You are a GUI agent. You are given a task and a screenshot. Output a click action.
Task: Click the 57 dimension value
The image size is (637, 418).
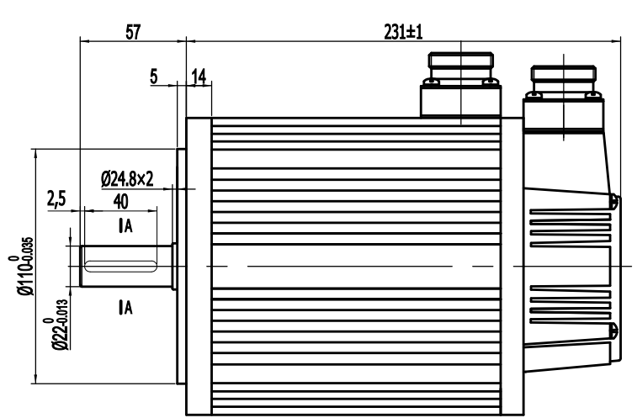[132, 31]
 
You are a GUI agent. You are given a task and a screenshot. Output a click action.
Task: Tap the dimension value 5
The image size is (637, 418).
[154, 77]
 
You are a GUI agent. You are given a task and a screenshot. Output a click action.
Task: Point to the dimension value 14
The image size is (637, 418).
[199, 77]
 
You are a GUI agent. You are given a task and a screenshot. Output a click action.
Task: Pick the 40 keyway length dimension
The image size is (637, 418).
[120, 202]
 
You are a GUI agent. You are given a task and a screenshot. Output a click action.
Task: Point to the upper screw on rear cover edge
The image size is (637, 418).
[615, 202]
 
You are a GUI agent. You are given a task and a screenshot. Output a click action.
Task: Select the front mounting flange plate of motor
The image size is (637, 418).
[198, 265]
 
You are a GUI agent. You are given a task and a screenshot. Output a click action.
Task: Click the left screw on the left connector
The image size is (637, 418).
[431, 82]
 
